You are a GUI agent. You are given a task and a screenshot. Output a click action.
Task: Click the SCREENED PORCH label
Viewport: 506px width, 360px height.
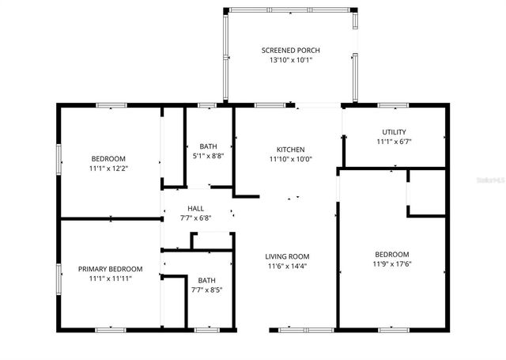click(290, 50)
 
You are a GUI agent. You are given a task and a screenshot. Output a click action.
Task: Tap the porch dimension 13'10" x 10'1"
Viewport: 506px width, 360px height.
click(290, 60)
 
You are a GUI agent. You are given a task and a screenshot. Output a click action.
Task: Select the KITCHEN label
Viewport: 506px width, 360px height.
click(290, 150)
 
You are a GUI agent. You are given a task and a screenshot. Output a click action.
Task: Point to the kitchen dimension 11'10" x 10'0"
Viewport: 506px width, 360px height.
click(290, 159)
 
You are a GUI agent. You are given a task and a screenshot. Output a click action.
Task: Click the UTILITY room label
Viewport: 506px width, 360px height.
click(394, 132)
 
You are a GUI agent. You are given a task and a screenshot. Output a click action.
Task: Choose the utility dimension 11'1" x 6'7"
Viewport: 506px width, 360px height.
click(394, 142)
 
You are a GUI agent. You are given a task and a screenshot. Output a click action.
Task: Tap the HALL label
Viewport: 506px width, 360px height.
click(195, 209)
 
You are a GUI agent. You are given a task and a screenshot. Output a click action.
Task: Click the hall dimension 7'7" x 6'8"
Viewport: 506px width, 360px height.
click(195, 218)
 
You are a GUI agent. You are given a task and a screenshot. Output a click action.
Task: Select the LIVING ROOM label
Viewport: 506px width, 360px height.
click(287, 256)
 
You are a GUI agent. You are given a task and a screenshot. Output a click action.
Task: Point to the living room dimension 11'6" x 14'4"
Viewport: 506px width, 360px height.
click(287, 267)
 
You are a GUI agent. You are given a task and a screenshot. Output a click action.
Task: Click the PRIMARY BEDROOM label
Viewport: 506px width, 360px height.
click(110, 269)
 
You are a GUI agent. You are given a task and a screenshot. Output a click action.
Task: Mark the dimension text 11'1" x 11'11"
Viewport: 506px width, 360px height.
click(110, 279)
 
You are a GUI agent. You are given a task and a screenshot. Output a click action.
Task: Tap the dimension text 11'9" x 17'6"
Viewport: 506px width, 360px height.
click(391, 264)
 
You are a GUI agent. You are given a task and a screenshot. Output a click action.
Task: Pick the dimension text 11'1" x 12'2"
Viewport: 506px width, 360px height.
click(108, 169)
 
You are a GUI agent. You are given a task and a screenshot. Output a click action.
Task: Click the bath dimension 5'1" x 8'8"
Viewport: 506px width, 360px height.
click(208, 156)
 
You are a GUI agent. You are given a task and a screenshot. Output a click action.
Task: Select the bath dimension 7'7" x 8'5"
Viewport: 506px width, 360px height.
click(206, 290)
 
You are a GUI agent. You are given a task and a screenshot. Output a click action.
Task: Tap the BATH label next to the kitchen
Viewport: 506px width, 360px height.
click(208, 146)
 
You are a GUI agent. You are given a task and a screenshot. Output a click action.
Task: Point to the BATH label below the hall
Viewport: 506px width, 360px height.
click(206, 280)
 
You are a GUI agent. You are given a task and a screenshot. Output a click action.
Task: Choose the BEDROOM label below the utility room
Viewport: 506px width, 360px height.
click(391, 254)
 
